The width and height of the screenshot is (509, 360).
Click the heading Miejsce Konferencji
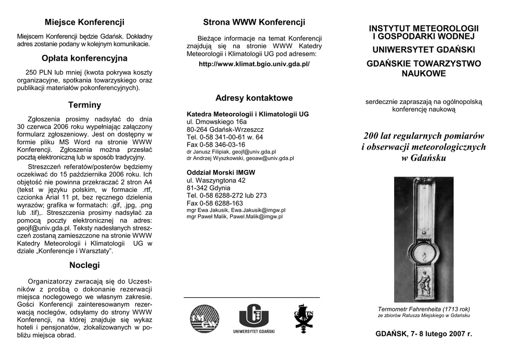pyautogui.click(x=85, y=22)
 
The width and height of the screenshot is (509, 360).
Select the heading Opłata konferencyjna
pyautogui.click(x=85, y=58)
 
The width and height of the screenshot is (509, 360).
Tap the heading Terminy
pyautogui.click(x=85, y=105)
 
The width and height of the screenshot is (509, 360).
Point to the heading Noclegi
pyautogui.click(x=85, y=265)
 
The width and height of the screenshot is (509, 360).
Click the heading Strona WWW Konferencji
pyautogui.click(x=254, y=22)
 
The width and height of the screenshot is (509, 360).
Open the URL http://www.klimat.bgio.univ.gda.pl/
pyautogui.click(x=254, y=65)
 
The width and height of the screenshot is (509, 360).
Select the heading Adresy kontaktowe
pyautogui.click(x=254, y=98)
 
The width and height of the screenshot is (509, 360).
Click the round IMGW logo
pyautogui.click(x=204, y=319)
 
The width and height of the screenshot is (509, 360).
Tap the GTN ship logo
pyautogui.click(x=303, y=318)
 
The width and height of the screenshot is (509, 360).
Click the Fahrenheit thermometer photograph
pyautogui.click(x=424, y=239)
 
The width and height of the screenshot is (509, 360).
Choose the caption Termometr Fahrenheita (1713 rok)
pyautogui.click(x=424, y=309)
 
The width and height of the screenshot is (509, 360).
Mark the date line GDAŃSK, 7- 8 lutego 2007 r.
pyautogui.click(x=424, y=334)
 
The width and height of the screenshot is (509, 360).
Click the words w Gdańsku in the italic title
pyautogui.click(x=424, y=158)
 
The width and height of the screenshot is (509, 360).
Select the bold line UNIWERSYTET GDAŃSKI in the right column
pyautogui.click(x=424, y=50)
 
